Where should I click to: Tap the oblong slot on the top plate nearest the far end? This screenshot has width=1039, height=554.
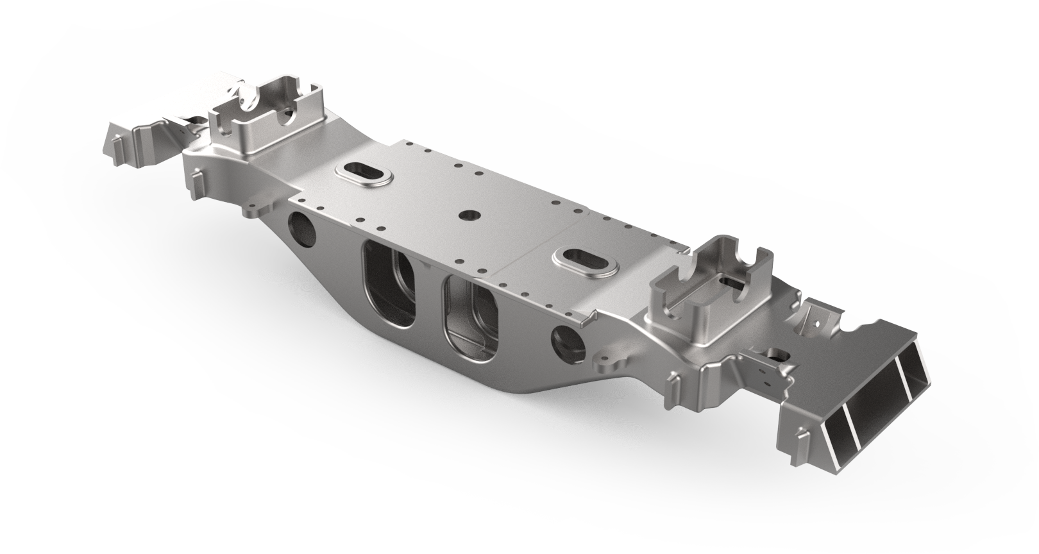363,174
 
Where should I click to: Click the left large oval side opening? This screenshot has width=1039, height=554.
389,285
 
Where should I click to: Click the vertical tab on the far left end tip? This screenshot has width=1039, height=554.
116,151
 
